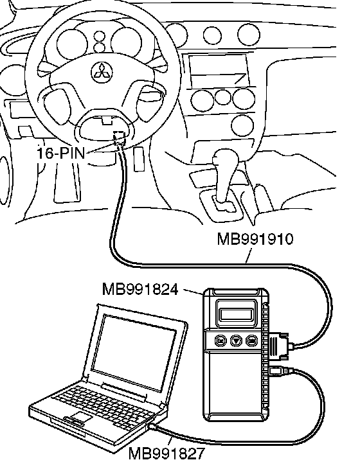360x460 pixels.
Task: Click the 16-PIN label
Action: pyautogui.click(x=61, y=153)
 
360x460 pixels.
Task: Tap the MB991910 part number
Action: pyautogui.click(x=255, y=239)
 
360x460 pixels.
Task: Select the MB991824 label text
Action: pyautogui.click(x=140, y=289)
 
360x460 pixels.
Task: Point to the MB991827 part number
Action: pyautogui.click(x=166, y=453)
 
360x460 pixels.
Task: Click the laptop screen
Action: pyautogui.click(x=134, y=352)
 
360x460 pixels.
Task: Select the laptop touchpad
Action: pyautogui.click(x=78, y=416)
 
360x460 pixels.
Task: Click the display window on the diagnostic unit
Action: pyautogui.click(x=236, y=315)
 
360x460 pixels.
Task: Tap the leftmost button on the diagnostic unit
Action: pyautogui.click(x=221, y=341)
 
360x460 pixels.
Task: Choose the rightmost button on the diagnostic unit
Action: pyautogui.click(x=251, y=341)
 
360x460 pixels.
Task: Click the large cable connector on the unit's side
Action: pyautogui.click(x=280, y=346)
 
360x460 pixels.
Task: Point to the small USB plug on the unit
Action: pyautogui.click(x=280, y=371)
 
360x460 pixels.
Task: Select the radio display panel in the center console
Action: pyautogui.click(x=218, y=70)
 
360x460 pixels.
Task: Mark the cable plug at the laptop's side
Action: pyautogui.click(x=153, y=426)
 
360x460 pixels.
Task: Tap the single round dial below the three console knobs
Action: pyautogui.click(x=242, y=125)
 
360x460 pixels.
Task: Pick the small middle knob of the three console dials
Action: pyautogui.click(x=222, y=98)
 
